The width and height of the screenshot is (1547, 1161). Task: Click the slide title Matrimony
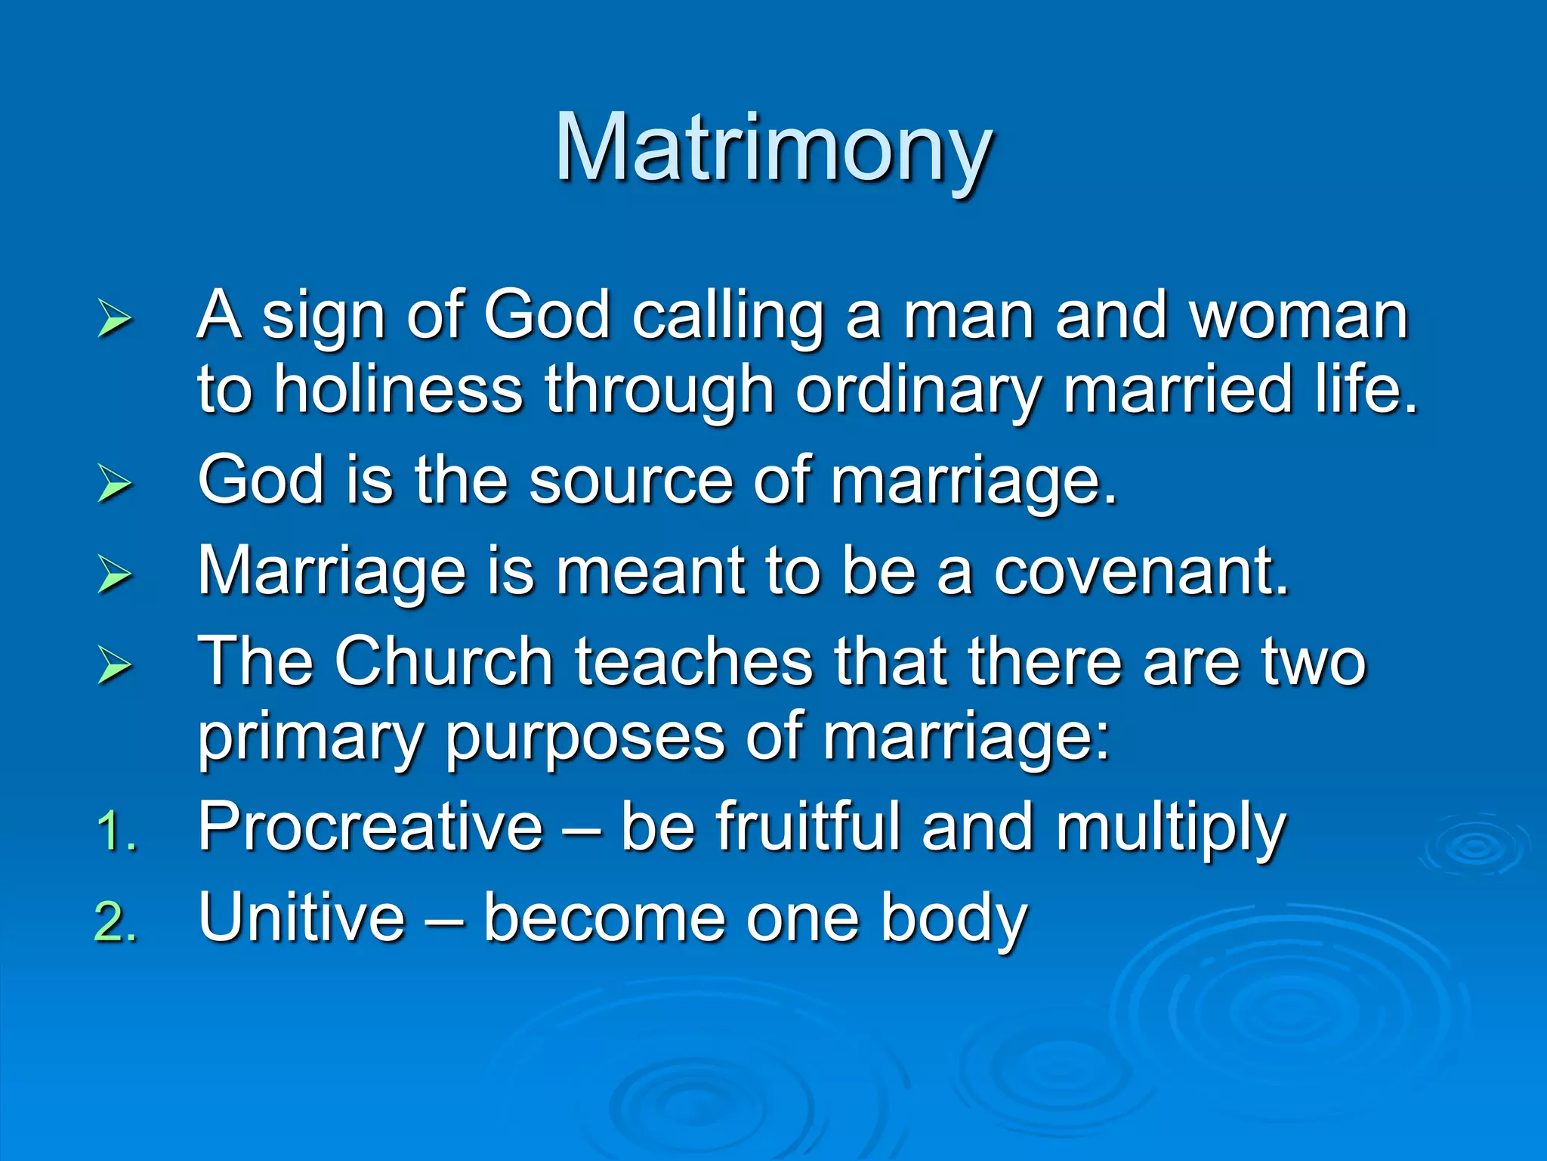pos(773,149)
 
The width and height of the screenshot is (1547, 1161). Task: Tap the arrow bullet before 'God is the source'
pos(115,484)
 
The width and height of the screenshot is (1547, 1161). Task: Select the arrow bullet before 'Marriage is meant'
pos(115,574)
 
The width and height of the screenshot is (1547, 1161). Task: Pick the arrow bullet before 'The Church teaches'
pos(115,665)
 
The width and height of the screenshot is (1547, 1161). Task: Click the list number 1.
pos(117,831)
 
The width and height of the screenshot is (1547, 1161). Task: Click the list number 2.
pos(117,922)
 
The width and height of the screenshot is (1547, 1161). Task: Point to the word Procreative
pos(370,827)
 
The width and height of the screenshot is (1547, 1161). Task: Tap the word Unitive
pos(302,918)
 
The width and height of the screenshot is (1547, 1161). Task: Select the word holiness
pos(398,389)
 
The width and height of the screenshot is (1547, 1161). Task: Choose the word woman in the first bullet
pos(1299,316)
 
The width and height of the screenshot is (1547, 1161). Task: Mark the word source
pos(631,481)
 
